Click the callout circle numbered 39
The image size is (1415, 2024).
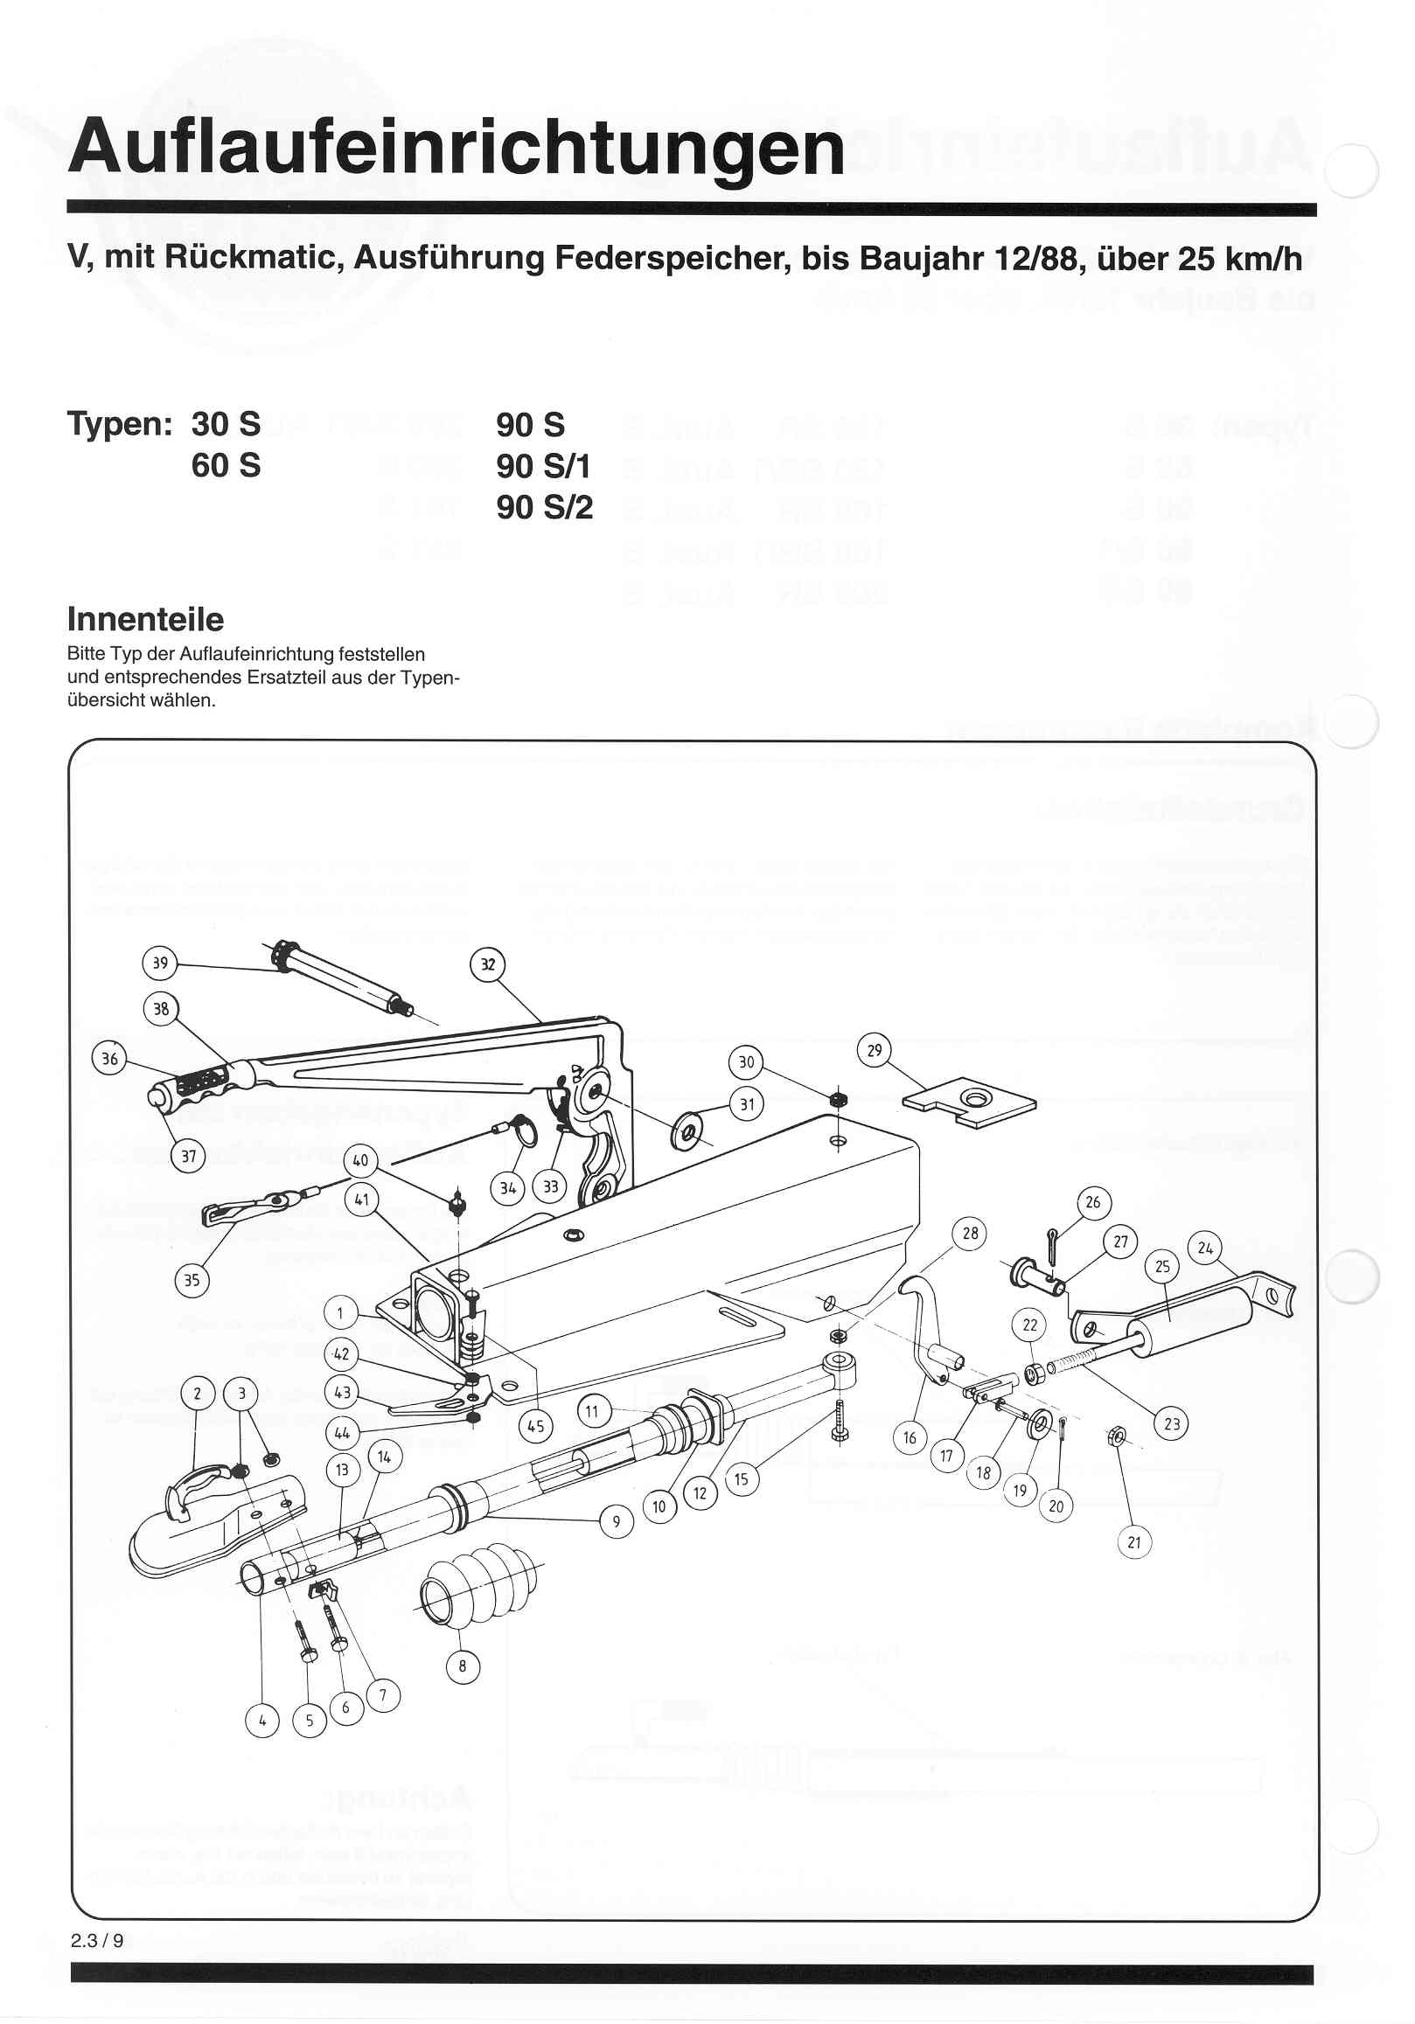coord(159,963)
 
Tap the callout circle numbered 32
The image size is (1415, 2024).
coord(487,964)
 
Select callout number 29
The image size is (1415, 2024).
coord(874,1050)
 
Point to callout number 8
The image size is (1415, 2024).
coord(462,1666)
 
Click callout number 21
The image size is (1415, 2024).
coord(1133,1542)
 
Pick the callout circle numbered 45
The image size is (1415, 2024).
coord(536,1426)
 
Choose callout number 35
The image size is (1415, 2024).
coord(192,1280)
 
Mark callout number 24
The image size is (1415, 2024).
coord(1205,1248)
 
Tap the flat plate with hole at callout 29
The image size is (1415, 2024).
coord(970,1102)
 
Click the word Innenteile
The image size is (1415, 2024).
coord(145,620)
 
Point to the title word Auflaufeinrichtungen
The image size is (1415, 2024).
coord(456,147)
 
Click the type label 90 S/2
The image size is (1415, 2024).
coord(544,508)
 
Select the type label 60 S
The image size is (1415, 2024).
coord(226,465)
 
